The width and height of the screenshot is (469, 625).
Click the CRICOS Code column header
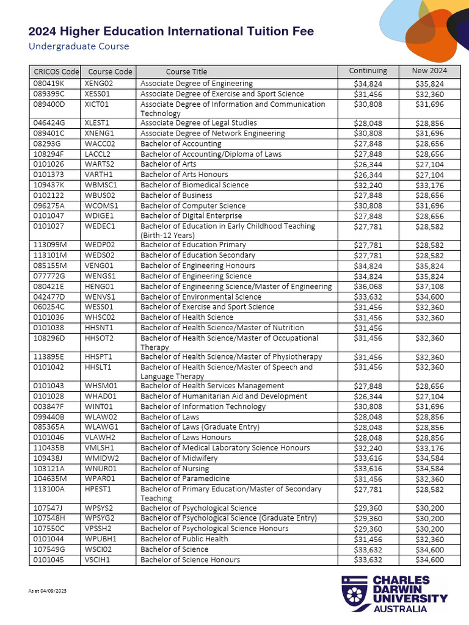[55, 71]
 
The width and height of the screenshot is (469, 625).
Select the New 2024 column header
[429, 71]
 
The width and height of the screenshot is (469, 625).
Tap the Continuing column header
[368, 71]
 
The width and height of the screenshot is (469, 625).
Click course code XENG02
[99, 84]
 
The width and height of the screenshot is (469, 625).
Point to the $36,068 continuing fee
[368, 287]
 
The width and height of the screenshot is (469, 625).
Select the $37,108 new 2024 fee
[429, 287]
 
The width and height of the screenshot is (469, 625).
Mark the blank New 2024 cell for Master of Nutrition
[429, 328]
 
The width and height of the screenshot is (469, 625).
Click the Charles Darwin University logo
[394, 593]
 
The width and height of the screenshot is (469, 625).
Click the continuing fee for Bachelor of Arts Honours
[368, 175]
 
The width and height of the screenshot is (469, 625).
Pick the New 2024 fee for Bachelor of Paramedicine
[429, 479]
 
